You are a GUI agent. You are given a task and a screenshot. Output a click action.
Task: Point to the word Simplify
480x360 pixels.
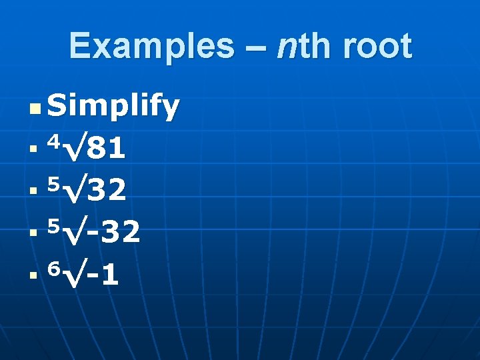click(x=113, y=107)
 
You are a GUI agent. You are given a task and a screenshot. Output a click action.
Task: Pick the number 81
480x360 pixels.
click(x=107, y=149)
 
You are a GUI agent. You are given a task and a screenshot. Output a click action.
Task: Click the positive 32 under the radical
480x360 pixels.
click(x=107, y=191)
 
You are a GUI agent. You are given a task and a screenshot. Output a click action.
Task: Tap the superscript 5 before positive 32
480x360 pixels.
click(x=56, y=183)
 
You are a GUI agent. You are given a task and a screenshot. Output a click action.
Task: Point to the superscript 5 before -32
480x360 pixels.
click(x=56, y=224)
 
